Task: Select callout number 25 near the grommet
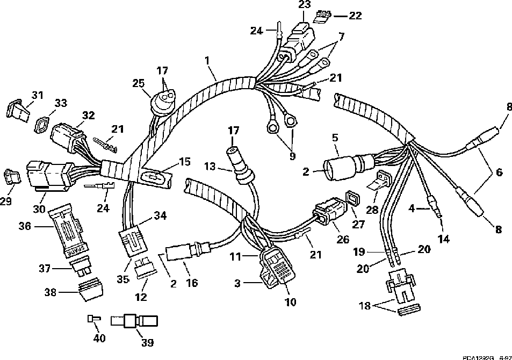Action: pos(139,83)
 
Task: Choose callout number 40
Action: pos(99,339)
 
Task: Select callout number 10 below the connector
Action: pos(290,303)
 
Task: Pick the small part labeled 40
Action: pos(92,319)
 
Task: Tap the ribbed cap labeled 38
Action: pos(89,291)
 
